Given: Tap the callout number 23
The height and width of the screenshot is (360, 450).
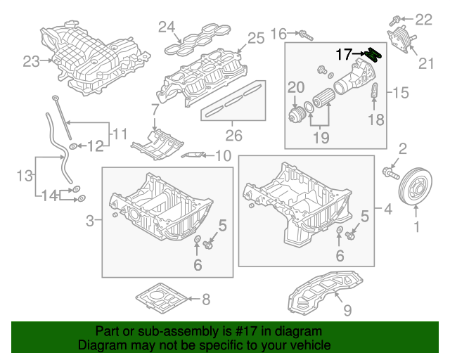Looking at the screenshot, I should pyautogui.click(x=32, y=62).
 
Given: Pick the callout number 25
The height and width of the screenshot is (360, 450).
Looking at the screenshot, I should pyautogui.click(x=255, y=37).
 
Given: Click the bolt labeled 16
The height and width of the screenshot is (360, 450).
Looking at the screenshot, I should pyautogui.click(x=304, y=34).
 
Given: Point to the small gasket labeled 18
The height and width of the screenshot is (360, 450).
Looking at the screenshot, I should pyautogui.click(x=375, y=91).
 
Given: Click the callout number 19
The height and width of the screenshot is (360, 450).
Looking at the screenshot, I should pyautogui.click(x=321, y=139).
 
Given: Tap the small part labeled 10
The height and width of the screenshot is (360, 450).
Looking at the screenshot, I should pyautogui.click(x=193, y=155).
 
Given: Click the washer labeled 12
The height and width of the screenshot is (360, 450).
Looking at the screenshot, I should pyautogui.click(x=73, y=146).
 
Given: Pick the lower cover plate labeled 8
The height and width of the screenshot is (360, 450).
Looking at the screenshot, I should pyautogui.click(x=161, y=298).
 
